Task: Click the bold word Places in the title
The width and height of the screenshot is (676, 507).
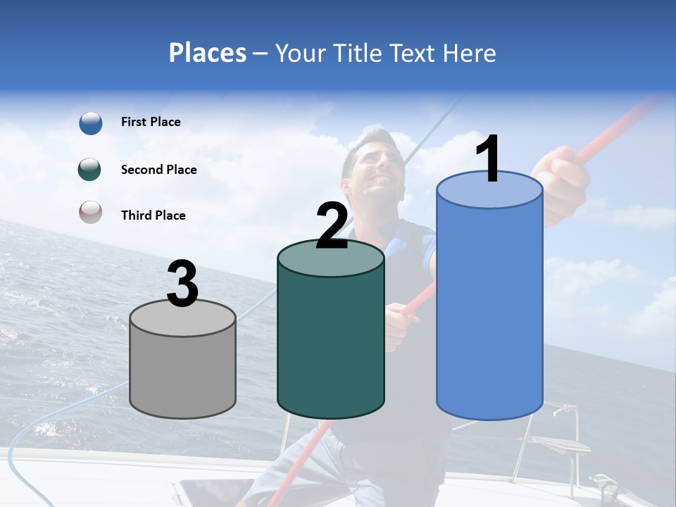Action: [x=208, y=53]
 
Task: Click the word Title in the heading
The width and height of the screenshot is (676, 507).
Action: [x=361, y=53]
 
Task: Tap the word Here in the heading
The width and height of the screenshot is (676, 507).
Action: [x=470, y=53]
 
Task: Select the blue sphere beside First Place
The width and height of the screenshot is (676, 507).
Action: [x=91, y=123]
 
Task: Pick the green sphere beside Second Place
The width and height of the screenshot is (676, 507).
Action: [x=90, y=170]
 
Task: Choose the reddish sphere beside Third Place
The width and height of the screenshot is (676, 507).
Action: [x=90, y=212]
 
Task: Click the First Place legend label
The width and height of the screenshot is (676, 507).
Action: [x=151, y=122]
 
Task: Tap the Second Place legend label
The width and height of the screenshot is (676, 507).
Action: [x=158, y=170]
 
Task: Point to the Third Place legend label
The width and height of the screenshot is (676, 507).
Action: [x=154, y=215]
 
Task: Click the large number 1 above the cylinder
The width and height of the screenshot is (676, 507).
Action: [x=487, y=160]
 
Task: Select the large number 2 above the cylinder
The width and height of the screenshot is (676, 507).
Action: [x=332, y=225]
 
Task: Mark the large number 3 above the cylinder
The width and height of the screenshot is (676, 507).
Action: [x=182, y=284]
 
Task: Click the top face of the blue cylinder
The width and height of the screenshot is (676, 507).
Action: [x=489, y=191]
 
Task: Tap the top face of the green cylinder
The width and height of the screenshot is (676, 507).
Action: [x=331, y=258]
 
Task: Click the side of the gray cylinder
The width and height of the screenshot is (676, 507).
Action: [x=183, y=373]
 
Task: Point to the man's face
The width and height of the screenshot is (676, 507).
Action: [x=373, y=165]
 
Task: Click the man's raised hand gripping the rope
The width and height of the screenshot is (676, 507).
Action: [x=563, y=180]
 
